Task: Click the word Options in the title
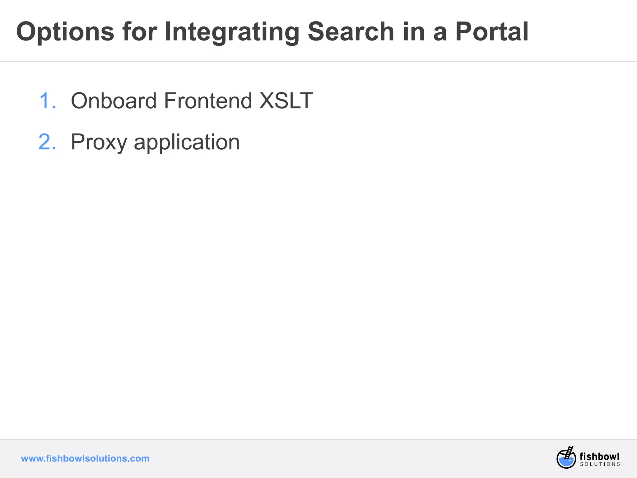[65, 32]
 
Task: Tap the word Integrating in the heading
[232, 32]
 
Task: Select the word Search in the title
[351, 32]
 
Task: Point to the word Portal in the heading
[492, 32]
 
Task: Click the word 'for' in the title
[140, 32]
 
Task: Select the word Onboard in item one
[114, 101]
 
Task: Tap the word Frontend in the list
[208, 101]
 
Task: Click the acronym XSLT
[286, 101]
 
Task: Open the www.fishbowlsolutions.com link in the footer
[85, 458]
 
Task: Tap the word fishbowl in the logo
[599, 457]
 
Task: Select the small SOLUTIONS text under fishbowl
[600, 464]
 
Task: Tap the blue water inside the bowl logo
[566, 462]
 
